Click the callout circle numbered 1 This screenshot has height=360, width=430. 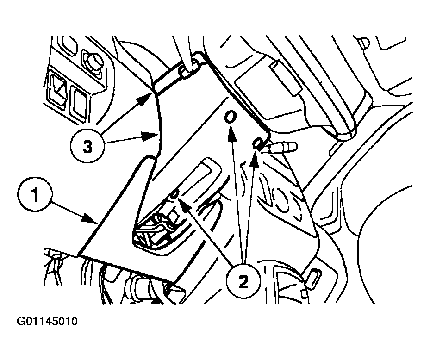click(35, 195)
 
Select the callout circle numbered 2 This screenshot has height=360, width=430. click(243, 282)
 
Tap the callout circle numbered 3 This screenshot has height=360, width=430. click(87, 147)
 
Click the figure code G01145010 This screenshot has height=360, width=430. click(47, 321)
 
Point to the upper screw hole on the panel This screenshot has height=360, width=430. click(230, 117)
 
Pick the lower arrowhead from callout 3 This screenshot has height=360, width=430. click(150, 135)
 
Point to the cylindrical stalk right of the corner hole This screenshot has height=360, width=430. click(279, 146)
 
